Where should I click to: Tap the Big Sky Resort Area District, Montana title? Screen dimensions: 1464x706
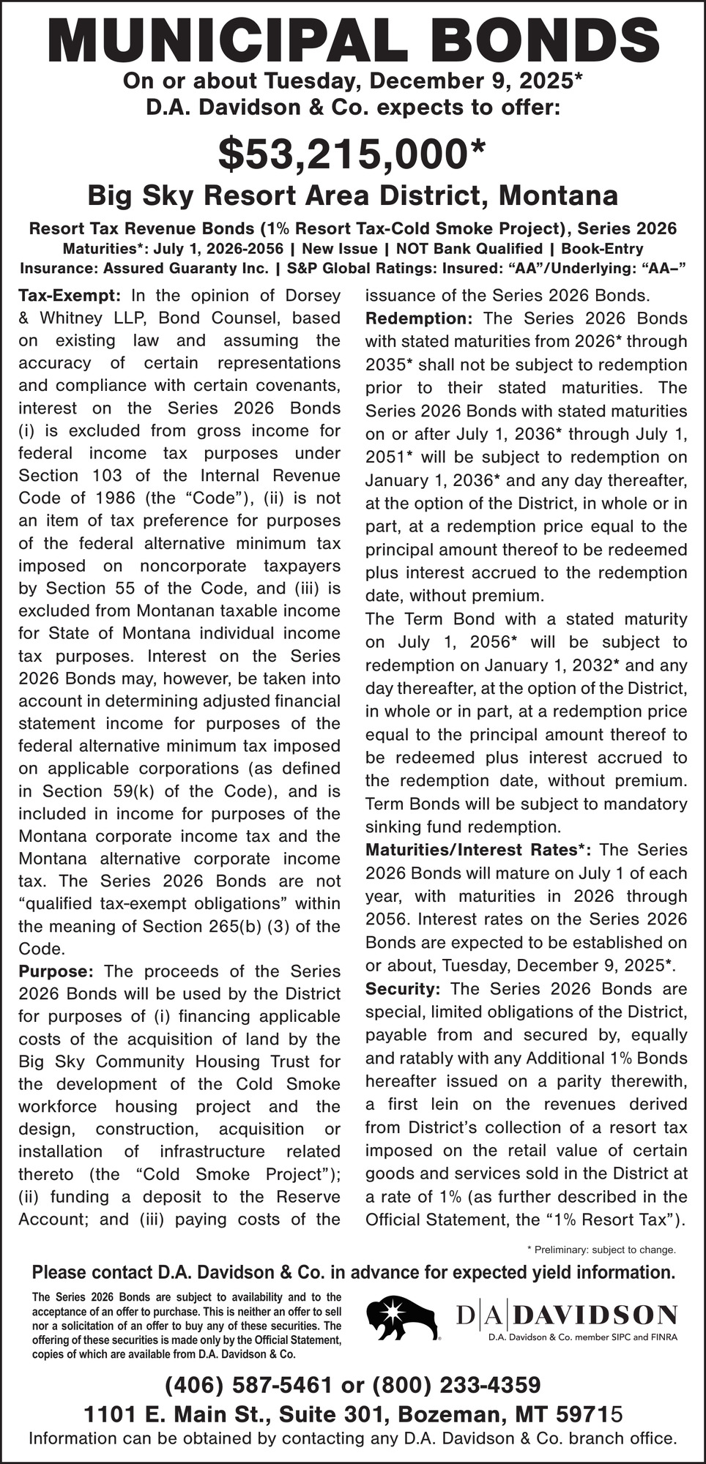click(353, 196)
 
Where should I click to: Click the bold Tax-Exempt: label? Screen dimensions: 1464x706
click(69, 296)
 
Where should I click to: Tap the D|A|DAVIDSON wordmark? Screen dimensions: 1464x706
click(566, 1315)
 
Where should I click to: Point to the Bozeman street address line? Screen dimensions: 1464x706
click(353, 1413)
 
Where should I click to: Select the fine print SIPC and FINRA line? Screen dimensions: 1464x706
click(583, 1337)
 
